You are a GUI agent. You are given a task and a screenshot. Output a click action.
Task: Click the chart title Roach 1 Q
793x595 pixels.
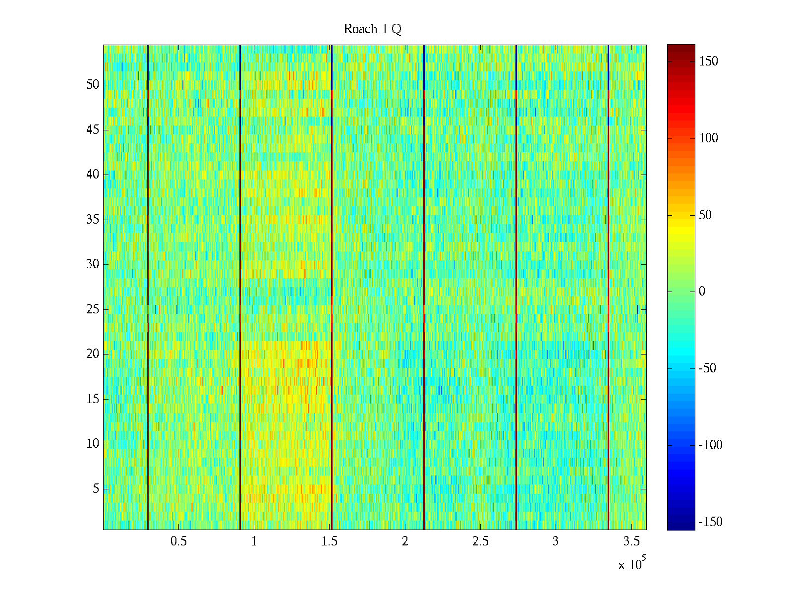click(372, 30)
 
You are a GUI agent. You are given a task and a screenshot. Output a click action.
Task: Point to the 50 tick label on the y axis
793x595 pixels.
click(93, 85)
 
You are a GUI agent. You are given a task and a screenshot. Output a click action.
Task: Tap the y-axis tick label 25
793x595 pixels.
click(93, 309)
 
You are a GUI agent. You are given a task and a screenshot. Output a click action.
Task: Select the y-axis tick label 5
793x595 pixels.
click(96, 489)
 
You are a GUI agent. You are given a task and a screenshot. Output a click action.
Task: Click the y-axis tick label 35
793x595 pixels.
click(93, 220)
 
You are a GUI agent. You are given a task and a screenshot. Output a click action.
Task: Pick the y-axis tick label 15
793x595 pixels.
click(93, 399)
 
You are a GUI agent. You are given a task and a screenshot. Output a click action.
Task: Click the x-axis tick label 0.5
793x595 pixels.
click(178, 541)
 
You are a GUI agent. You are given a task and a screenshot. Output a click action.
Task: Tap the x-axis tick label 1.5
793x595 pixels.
click(330, 541)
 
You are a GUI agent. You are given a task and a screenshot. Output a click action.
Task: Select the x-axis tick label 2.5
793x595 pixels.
click(480, 541)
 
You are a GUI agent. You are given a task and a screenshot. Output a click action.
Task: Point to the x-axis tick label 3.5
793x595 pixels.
click(631, 541)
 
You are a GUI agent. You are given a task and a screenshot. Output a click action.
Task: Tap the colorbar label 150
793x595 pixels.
click(708, 61)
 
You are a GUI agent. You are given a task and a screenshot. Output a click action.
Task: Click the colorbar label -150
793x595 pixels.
click(710, 522)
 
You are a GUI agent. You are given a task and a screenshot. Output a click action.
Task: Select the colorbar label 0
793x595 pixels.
click(702, 292)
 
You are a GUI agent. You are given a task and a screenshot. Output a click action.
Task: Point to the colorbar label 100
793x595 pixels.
click(708, 138)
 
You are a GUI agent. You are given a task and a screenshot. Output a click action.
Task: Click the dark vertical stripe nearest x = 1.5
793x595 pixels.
click(332, 288)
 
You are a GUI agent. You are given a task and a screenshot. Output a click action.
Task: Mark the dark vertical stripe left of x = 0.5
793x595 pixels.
click(148, 288)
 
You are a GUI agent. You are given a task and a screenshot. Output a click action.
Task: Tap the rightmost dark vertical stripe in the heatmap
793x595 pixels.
click(608, 288)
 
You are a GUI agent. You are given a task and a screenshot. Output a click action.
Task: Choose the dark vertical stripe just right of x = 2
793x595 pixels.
click(424, 288)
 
